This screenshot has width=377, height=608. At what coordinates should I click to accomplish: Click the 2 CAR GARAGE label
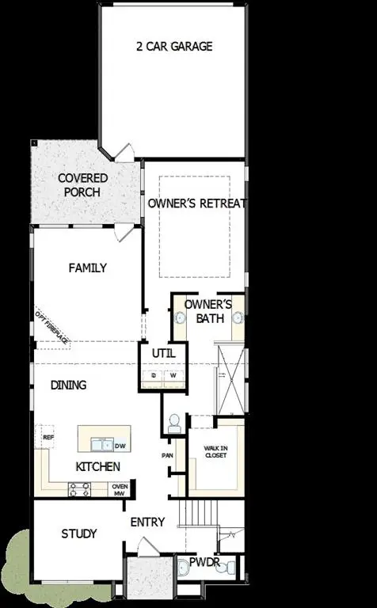(174, 46)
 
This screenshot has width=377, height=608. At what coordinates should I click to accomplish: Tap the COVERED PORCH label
(82, 185)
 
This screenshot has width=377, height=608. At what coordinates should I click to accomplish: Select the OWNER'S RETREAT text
(196, 203)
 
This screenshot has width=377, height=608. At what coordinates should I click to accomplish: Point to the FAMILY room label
(87, 268)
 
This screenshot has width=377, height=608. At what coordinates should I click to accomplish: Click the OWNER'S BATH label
(208, 311)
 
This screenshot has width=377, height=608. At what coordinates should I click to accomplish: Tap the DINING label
(69, 386)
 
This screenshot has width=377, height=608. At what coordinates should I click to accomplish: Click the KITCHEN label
(97, 467)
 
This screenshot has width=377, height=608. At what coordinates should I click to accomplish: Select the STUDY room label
(79, 534)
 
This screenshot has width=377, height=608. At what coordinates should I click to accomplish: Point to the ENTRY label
(148, 522)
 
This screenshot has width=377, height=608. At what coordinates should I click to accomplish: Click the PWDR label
(204, 562)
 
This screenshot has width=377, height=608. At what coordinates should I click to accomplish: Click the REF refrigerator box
(48, 437)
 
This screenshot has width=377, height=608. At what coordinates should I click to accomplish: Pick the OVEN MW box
(120, 491)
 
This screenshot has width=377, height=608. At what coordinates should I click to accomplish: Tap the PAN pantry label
(167, 456)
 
